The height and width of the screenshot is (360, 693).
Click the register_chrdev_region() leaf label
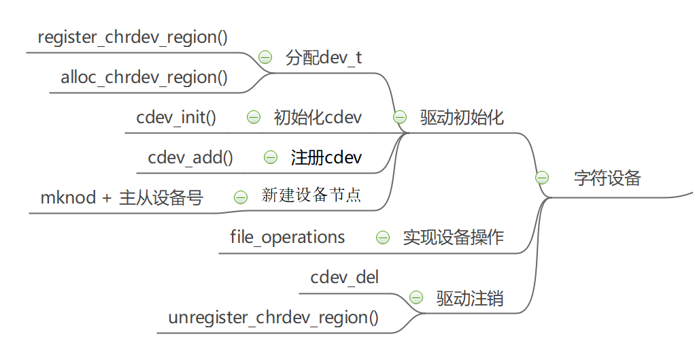point(133,37)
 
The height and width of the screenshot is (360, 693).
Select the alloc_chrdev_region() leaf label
point(144,77)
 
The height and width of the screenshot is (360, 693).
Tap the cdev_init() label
point(176,117)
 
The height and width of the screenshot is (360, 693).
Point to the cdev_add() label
point(190,157)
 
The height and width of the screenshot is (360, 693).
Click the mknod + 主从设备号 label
point(122,197)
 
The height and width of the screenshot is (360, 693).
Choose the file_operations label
point(287,237)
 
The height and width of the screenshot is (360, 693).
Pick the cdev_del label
point(345,277)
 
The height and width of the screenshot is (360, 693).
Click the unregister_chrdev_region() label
point(273,317)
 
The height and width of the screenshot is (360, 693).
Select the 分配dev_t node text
point(324,57)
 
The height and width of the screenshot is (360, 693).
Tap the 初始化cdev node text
point(318,117)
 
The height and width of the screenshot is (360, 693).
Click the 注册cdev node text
point(326,157)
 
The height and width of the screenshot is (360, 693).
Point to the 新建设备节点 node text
point(311,196)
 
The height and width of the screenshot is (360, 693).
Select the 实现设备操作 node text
point(453,237)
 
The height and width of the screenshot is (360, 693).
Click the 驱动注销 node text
point(470,298)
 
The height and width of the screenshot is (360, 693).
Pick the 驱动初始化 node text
point(462,117)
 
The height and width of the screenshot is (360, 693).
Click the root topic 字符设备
point(607,178)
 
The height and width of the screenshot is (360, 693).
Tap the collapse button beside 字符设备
point(542,178)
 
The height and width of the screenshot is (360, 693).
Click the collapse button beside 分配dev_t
point(265,57)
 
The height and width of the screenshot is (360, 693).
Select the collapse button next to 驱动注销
point(416,297)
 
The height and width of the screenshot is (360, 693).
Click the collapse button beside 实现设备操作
point(383,237)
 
